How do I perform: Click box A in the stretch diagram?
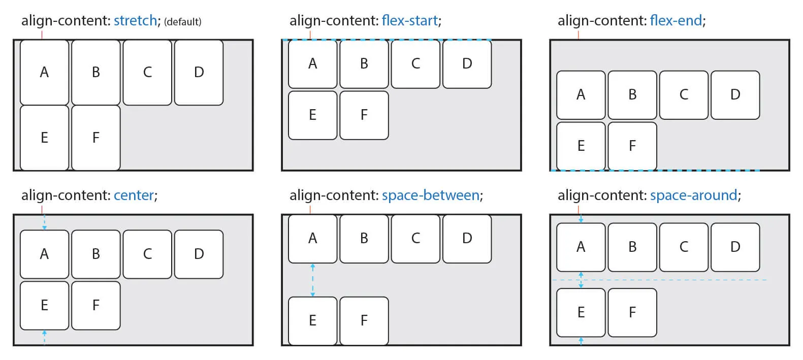[44, 72]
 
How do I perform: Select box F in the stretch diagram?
[96, 138]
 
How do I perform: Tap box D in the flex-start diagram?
[467, 63]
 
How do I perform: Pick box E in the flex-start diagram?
[312, 115]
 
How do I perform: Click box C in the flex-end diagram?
[684, 94]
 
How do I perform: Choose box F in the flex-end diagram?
[632, 146]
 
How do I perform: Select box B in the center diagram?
[96, 254]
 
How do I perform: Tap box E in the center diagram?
[44, 305]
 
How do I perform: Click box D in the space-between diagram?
[467, 238]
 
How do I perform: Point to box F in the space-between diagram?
[364, 320]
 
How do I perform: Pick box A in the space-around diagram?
[581, 247]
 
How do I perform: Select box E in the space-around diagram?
[581, 312]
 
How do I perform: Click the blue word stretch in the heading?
[135, 21]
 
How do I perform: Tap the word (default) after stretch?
[182, 22]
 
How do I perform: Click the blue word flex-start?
[409, 21]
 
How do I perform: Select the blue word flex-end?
[676, 21]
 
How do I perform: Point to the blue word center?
[134, 195]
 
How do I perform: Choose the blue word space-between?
[430, 195]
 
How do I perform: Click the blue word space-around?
[693, 195]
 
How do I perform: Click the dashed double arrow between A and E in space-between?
[312, 280]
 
